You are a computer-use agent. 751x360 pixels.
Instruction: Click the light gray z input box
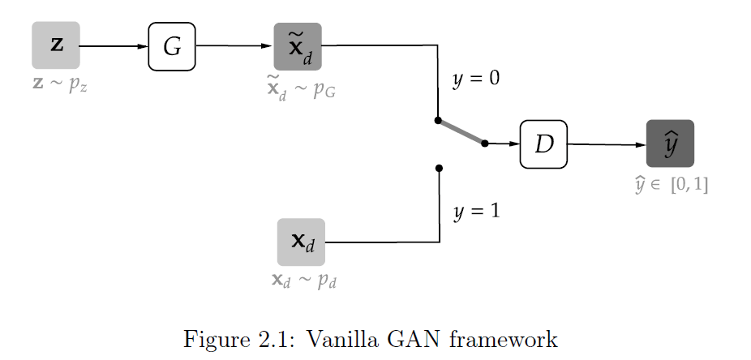(x=55, y=45)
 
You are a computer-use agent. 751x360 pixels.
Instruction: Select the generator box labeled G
(x=172, y=46)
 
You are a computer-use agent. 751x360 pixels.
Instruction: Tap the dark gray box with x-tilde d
(x=298, y=46)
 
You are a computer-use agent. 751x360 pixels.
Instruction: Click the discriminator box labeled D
(x=543, y=144)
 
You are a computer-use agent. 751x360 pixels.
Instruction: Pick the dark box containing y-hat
(x=670, y=144)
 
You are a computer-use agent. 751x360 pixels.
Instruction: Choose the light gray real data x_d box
(x=301, y=242)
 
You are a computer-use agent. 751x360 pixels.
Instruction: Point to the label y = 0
(x=477, y=80)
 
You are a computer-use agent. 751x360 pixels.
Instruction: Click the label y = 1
(x=477, y=212)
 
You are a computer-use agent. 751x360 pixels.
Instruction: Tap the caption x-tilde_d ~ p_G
(x=301, y=88)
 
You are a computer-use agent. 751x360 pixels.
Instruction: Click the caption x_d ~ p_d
(x=304, y=281)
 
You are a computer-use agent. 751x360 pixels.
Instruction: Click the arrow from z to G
(x=114, y=46)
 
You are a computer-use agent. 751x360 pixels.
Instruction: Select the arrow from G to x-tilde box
(x=235, y=46)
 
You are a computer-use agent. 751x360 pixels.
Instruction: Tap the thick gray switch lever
(x=461, y=132)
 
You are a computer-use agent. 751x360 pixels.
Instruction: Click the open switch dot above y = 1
(x=439, y=169)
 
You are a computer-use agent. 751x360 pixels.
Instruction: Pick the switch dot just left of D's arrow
(x=484, y=144)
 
